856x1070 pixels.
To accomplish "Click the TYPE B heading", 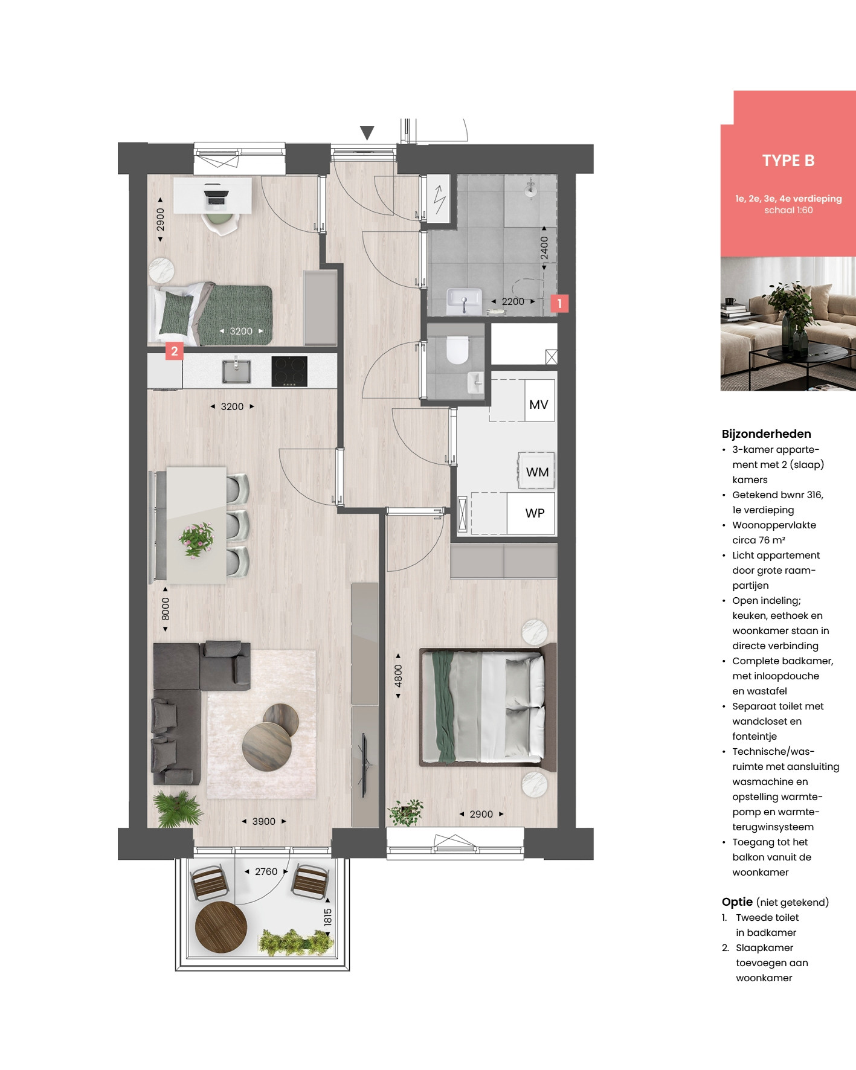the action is click(x=788, y=161).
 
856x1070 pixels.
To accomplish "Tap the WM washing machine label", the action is click(x=537, y=472).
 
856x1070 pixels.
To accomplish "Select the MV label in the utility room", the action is click(x=538, y=405).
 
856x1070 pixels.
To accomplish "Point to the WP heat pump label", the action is click(x=535, y=513).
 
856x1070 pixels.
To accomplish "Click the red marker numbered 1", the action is click(x=559, y=303).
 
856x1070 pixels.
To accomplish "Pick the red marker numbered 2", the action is click(x=175, y=351).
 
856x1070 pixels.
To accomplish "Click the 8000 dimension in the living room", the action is click(x=165, y=609).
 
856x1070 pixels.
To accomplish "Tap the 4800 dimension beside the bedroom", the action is click(x=397, y=675).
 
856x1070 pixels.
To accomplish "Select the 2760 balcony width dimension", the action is click(x=266, y=871).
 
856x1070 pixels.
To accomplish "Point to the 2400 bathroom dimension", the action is click(x=544, y=248).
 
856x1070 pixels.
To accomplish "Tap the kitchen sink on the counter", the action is click(x=236, y=370).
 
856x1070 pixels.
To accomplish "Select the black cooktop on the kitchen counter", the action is click(x=289, y=371).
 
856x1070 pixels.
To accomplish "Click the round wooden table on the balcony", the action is click(x=221, y=927).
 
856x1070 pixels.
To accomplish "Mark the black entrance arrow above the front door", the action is click(x=367, y=133).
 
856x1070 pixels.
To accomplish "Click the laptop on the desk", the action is click(x=216, y=197).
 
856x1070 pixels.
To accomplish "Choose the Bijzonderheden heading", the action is click(x=766, y=434).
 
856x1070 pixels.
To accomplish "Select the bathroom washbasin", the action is click(x=464, y=301).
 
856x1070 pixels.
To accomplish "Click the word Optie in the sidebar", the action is click(x=737, y=902).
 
